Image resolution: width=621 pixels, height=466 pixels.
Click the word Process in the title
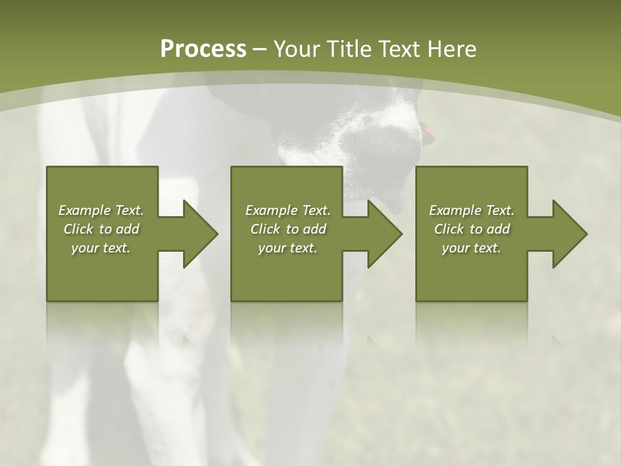tap(203, 49)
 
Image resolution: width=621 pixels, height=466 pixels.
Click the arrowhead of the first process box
tap(198, 234)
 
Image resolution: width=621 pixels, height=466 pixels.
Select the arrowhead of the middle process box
tap(382, 234)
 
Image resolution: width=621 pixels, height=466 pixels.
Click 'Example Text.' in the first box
tap(101, 210)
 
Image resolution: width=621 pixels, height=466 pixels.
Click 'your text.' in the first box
tap(101, 248)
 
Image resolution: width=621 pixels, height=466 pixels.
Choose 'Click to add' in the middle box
tap(288, 229)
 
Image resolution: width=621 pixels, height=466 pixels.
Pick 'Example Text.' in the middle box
tap(288, 210)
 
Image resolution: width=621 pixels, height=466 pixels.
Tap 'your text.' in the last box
tap(472, 248)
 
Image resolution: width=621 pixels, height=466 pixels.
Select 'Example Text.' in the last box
tap(472, 210)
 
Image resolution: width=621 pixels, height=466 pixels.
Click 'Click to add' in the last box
tap(472, 229)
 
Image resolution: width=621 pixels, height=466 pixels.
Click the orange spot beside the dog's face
tap(428, 134)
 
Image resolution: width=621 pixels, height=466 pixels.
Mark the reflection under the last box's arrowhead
tap(557, 340)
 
